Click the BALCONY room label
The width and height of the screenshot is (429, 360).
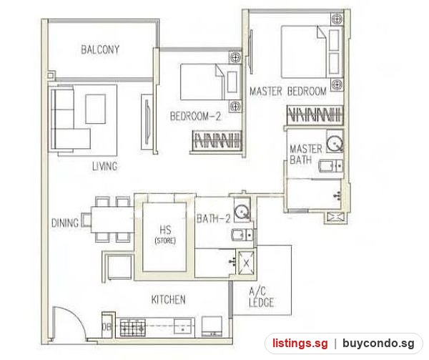click(100, 49)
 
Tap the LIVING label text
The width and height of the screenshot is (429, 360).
click(105, 166)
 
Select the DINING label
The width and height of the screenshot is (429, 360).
click(65, 223)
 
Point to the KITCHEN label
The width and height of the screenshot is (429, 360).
click(168, 299)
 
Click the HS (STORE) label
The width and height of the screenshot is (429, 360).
click(165, 235)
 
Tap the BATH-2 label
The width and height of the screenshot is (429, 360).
click(214, 218)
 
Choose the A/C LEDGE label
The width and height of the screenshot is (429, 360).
click(261, 297)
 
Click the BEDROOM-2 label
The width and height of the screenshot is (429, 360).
click(195, 116)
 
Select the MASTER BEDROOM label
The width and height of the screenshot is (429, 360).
click(288, 91)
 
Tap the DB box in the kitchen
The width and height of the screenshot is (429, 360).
click(107, 326)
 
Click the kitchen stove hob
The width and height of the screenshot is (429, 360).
click(132, 328)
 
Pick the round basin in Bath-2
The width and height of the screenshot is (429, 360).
click(242, 212)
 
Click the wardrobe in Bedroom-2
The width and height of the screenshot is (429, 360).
click(217, 140)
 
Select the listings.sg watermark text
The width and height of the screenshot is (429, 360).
click(300, 344)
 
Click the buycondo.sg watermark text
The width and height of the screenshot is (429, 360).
click(378, 344)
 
